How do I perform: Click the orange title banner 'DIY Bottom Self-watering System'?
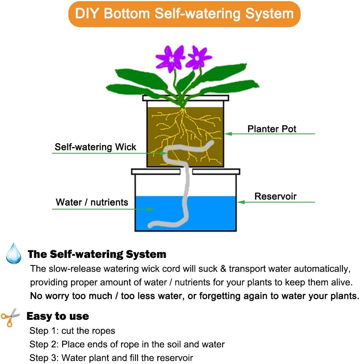click(184, 14)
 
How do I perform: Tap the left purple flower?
click(170, 58)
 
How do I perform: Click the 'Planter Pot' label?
click(272, 129)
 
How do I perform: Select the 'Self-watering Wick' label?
click(96, 147)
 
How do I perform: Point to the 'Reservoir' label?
click(275, 196)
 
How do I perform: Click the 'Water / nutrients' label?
click(92, 202)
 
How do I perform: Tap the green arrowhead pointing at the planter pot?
click(229, 134)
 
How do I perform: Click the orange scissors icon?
click(10, 317)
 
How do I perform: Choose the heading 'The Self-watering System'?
click(97, 255)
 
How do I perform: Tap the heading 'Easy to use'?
click(57, 316)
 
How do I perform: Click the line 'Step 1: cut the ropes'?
click(72, 331)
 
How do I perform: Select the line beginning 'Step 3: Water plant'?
click(111, 357)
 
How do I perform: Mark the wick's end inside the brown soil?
click(210, 144)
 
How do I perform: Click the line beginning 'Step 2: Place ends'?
click(127, 344)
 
